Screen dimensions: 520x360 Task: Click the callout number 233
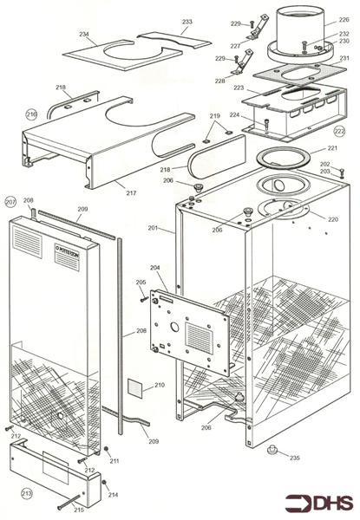tap(187, 21)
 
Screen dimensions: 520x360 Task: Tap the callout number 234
tap(84, 35)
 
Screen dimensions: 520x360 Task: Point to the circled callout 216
tap(31, 114)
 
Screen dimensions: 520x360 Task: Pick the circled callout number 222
tap(339, 130)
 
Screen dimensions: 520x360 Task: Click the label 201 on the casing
tap(153, 228)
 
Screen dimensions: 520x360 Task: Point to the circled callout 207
tap(10, 201)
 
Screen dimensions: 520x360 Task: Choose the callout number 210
tap(159, 385)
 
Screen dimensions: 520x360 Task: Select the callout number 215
tap(80, 508)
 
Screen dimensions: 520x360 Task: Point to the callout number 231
tap(344, 58)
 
